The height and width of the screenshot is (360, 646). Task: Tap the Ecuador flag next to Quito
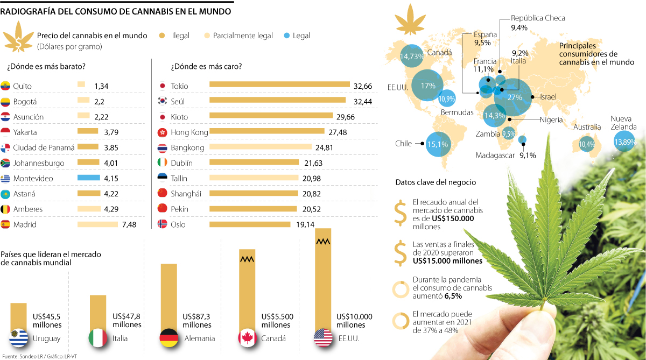6,86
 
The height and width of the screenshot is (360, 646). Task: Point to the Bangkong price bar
260,147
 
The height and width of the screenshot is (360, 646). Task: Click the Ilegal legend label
180,36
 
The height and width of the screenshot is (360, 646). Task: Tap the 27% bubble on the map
515,97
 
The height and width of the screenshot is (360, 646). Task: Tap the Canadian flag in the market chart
246,338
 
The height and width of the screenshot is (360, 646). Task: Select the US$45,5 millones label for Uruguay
47,321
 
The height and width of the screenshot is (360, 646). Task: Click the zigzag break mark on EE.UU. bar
324,242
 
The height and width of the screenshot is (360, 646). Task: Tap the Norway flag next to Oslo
161,224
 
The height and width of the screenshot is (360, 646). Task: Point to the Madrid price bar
97,224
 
